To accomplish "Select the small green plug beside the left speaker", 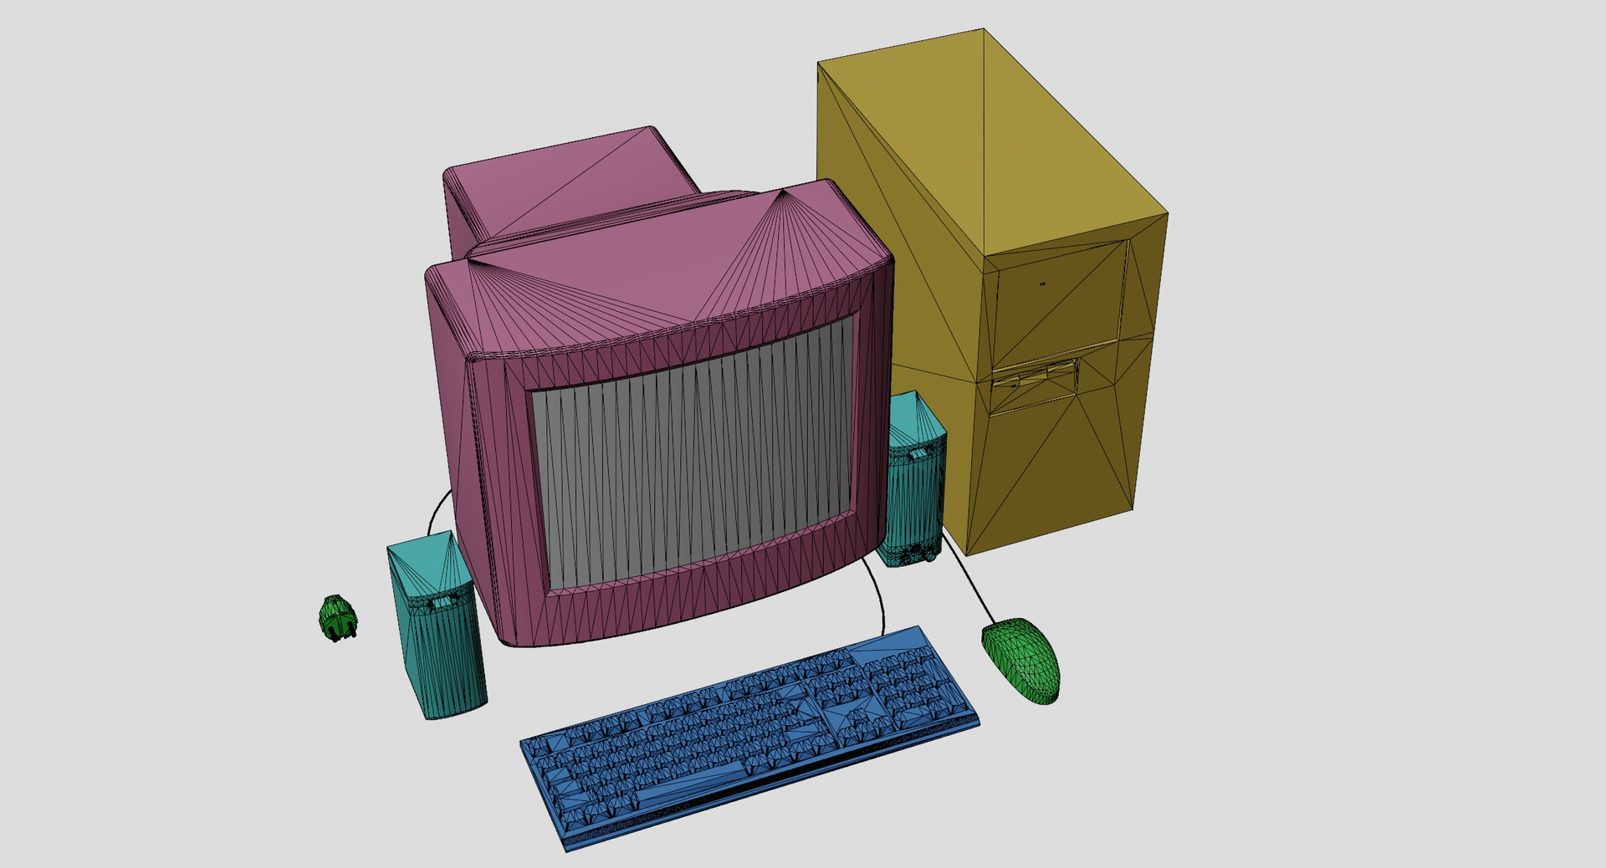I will pos(337,618).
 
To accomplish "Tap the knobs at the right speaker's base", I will pos(916,554).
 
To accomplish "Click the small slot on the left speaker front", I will pos(441,601).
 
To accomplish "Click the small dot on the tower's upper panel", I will pos(1042,283).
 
